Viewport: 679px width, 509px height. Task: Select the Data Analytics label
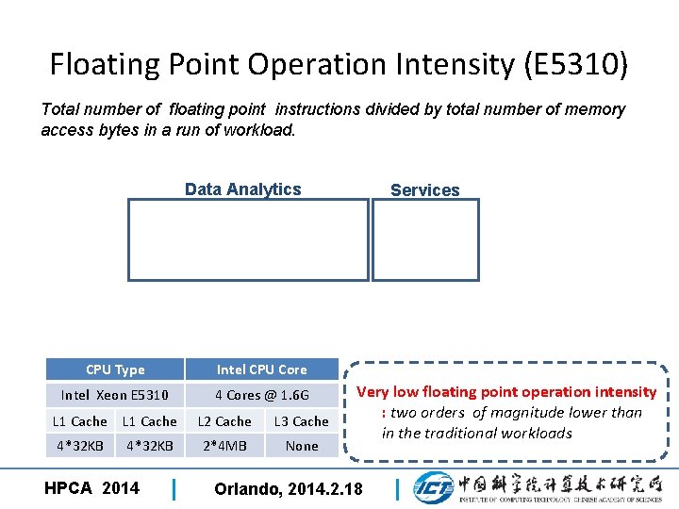pyautogui.click(x=242, y=189)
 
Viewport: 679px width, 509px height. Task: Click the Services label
pyautogui.click(x=424, y=190)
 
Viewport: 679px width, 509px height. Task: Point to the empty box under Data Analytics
pyautogui.click(x=248, y=239)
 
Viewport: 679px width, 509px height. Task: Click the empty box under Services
pyautogui.click(x=425, y=239)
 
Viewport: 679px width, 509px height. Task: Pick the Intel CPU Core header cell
pyautogui.click(x=262, y=369)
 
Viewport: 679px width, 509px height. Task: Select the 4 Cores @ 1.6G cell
pyautogui.click(x=262, y=395)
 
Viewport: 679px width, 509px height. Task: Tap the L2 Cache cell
pyautogui.click(x=224, y=421)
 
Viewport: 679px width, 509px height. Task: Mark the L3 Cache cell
pyautogui.click(x=302, y=421)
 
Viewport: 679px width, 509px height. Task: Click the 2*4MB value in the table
pyautogui.click(x=224, y=446)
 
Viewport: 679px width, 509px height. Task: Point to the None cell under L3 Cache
pyautogui.click(x=302, y=446)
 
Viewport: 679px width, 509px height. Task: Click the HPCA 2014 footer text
pyautogui.click(x=91, y=487)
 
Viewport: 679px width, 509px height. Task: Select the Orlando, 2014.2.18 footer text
pyautogui.click(x=289, y=488)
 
